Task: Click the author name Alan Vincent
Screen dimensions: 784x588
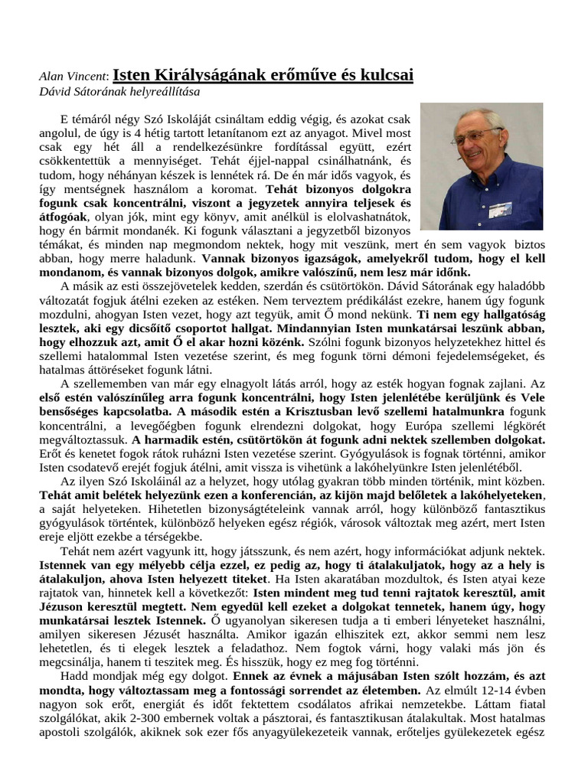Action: (73, 76)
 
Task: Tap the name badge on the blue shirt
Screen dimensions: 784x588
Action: (500, 207)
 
